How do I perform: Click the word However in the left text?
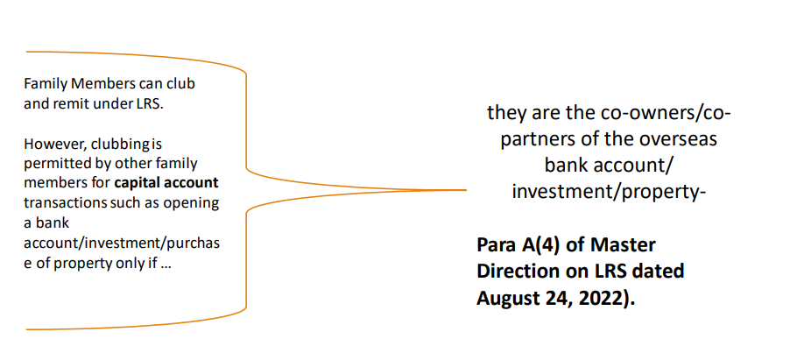coord(48,145)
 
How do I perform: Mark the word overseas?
coord(674,139)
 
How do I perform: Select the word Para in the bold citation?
coord(497,245)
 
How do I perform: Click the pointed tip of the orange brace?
coord(466,190)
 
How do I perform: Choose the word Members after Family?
coord(98,84)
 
